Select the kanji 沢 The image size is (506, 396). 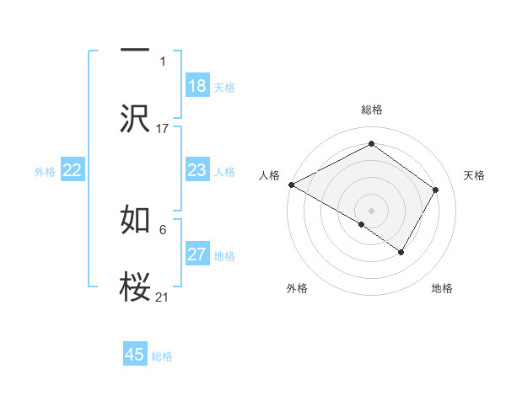click(135, 119)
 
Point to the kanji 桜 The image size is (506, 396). click(135, 287)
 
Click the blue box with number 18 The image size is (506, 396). click(196, 86)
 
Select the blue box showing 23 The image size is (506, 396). click(196, 170)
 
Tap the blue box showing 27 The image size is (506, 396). click(196, 254)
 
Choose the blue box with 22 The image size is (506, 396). click(73, 170)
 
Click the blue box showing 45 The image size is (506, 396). click(135, 355)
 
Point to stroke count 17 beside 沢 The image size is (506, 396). click(163, 128)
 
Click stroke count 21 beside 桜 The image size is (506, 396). click(163, 297)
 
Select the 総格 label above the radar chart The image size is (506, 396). click(372, 110)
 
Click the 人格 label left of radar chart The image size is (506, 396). click(269, 175)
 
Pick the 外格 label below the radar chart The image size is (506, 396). click(297, 289)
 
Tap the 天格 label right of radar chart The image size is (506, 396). click(475, 175)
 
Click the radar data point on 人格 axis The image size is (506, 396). click(291, 185)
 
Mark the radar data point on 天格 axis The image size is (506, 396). click(436, 190)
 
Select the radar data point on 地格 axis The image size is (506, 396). click(401, 252)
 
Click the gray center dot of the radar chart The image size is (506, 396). click(372, 210)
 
